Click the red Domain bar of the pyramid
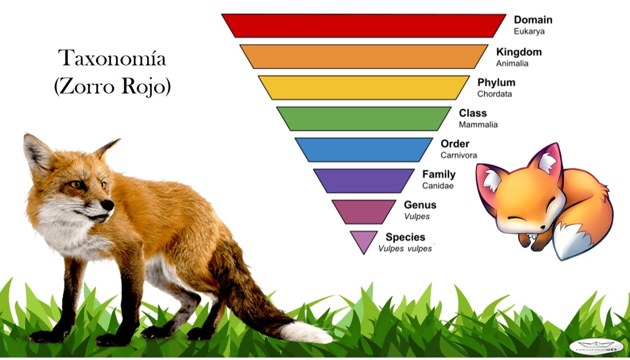coord(364,26)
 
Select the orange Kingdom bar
coord(364,57)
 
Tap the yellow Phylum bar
coord(364,87)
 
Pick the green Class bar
coord(364,118)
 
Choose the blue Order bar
coord(364,149)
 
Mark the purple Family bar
coord(364,180)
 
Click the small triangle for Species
coord(364,240)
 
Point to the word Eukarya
coord(529,31)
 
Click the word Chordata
coord(495,94)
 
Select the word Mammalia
coord(478,125)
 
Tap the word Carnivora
coord(459,155)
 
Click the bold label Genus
coord(420,205)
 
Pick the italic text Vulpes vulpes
coord(405,249)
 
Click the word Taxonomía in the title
coord(112,59)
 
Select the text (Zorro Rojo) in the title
coord(112,87)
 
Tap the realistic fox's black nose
coord(107,205)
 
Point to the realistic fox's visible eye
coord(76,184)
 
